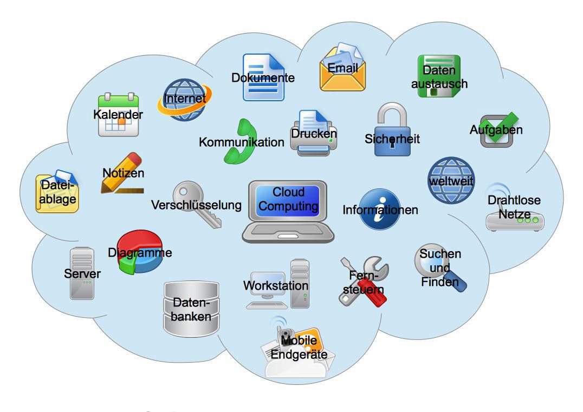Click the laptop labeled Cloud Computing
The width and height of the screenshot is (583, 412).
coord(288,211)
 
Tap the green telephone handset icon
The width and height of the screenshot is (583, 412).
coord(239,142)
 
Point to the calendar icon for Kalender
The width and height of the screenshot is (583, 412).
coord(118,115)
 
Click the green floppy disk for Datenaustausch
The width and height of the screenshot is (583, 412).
coord(439,76)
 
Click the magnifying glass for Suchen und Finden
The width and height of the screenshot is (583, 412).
coord(439,267)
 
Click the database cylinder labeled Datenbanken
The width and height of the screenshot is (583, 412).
coord(191,309)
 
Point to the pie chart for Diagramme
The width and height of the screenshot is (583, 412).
coord(140,252)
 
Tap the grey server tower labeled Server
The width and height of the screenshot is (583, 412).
coord(82,274)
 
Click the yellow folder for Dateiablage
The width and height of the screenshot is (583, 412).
coord(57,193)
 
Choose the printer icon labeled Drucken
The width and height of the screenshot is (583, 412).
coord(313,133)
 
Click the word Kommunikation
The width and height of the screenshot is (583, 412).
coord(241,142)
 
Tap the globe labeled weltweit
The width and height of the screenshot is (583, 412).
coord(451,180)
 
